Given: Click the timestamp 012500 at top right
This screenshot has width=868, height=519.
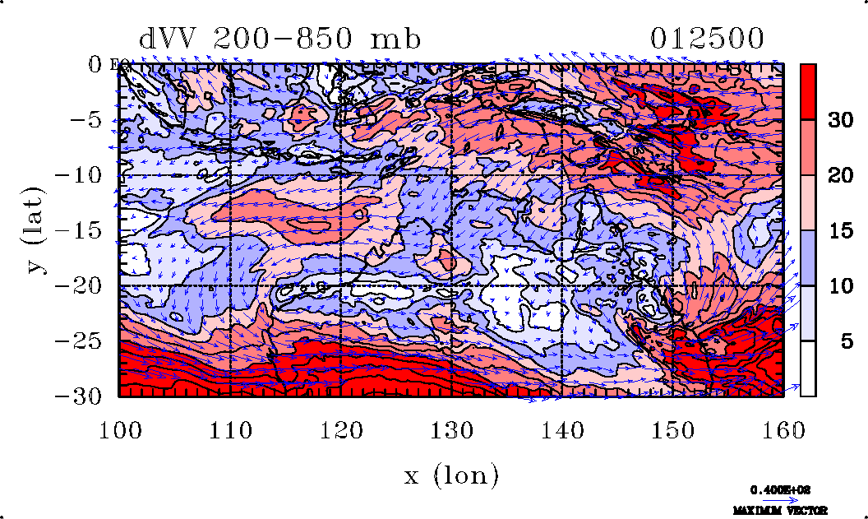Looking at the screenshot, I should click(707, 39).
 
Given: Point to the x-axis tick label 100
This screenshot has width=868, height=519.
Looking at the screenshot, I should click(120, 430).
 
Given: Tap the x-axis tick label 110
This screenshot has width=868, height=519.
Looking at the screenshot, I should click(231, 430).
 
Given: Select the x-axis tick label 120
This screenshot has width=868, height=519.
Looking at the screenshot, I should click(342, 430).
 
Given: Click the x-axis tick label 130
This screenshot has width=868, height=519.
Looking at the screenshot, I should click(452, 430).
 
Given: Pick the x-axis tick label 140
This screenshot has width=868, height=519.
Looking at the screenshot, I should click(562, 430).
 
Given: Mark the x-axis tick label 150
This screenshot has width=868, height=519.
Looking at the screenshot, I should click(673, 430).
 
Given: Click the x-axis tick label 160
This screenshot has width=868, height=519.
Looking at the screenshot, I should click(783, 430).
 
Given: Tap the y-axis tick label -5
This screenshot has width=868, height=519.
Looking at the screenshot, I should click(87, 120).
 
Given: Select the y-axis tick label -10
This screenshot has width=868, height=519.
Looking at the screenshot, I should click(81, 175).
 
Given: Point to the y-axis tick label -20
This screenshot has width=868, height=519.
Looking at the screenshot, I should click(81, 285).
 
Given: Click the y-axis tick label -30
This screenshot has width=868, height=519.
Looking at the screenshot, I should click(81, 396).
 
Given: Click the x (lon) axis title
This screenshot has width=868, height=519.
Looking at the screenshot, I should click(451, 475).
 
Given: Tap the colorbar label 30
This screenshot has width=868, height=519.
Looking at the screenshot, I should click(839, 120).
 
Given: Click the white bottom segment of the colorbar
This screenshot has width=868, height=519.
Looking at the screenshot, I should click(808, 368).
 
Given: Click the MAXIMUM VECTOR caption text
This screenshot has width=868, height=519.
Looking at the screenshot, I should click(774, 510).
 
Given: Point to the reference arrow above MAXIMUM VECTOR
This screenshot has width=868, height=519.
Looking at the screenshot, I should click(774, 499).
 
